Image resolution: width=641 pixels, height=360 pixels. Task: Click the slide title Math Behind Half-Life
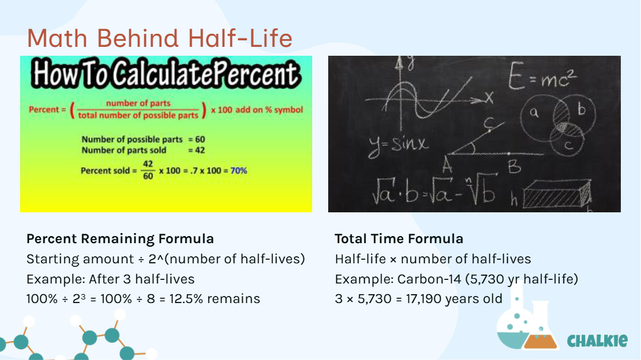(160, 39)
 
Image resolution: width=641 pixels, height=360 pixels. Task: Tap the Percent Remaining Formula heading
(120, 238)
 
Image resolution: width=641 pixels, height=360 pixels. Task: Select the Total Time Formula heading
(399, 238)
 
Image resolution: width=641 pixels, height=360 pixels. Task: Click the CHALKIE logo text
(597, 340)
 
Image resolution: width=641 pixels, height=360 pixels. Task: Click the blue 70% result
(239, 171)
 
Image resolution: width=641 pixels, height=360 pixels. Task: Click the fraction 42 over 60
(148, 170)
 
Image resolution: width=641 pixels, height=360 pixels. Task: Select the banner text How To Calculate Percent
(166, 74)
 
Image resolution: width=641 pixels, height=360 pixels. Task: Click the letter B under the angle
(514, 167)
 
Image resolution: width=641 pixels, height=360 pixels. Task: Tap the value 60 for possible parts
(200, 139)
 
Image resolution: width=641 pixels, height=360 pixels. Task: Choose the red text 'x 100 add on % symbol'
(257, 110)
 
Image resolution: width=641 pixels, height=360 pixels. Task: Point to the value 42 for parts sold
(200, 150)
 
